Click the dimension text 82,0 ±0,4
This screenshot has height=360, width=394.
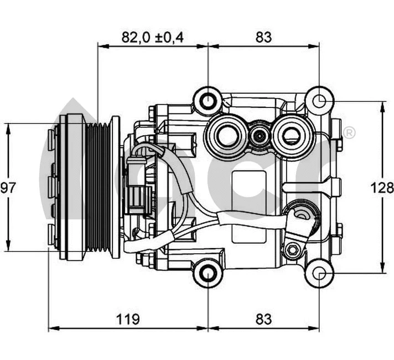click(152, 37)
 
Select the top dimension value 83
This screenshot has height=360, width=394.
click(264, 37)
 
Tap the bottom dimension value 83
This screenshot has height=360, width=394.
click(264, 319)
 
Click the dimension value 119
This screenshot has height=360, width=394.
click(128, 319)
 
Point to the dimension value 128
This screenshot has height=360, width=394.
click(382, 188)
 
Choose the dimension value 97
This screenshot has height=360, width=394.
click(8, 188)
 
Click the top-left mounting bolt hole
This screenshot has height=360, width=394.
click(208, 101)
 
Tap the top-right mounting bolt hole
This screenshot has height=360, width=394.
click(319, 101)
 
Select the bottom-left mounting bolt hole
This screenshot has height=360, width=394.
click(208, 272)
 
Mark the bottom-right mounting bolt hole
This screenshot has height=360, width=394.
click(319, 273)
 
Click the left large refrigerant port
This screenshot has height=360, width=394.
click(225, 135)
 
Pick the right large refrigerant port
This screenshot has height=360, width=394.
click(293, 135)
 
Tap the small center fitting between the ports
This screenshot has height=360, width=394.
click(259, 135)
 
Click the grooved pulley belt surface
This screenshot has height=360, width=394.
click(98, 187)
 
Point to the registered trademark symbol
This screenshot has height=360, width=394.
click(349, 133)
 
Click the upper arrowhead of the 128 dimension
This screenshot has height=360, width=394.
click(382, 105)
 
